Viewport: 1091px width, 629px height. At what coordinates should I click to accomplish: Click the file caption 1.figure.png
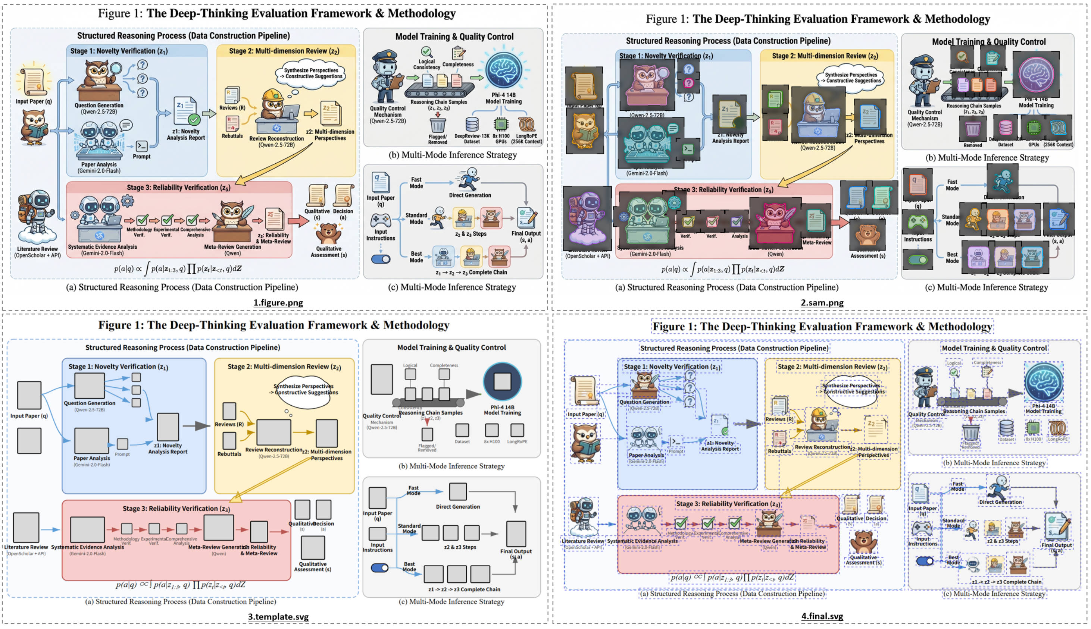278,302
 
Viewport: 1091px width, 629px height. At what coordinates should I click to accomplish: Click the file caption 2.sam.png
822,302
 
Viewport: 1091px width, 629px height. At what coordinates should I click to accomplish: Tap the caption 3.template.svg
278,616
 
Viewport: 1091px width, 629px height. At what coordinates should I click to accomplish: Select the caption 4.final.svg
822,616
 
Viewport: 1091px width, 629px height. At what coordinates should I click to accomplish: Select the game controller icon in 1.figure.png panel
380,220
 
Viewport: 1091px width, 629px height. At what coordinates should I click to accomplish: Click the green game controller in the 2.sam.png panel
917,223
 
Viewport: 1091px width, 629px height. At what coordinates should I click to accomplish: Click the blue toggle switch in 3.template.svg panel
379,567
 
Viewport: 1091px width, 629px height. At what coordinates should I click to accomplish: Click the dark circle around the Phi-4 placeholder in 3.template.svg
502,381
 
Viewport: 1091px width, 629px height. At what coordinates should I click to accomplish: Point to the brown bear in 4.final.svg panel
863,542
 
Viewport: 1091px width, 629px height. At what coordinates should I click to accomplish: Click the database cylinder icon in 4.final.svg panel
1006,428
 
